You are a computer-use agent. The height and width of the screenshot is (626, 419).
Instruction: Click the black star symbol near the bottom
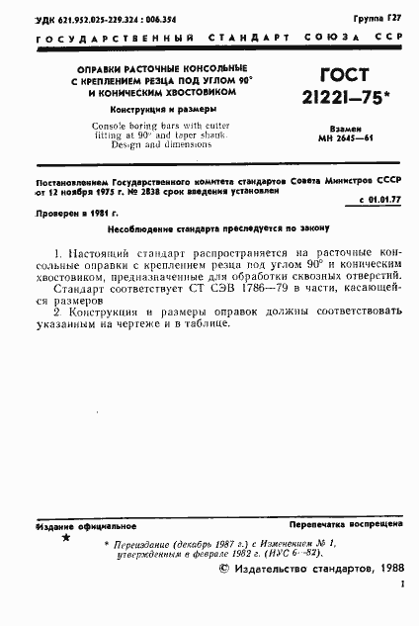click(66, 538)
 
